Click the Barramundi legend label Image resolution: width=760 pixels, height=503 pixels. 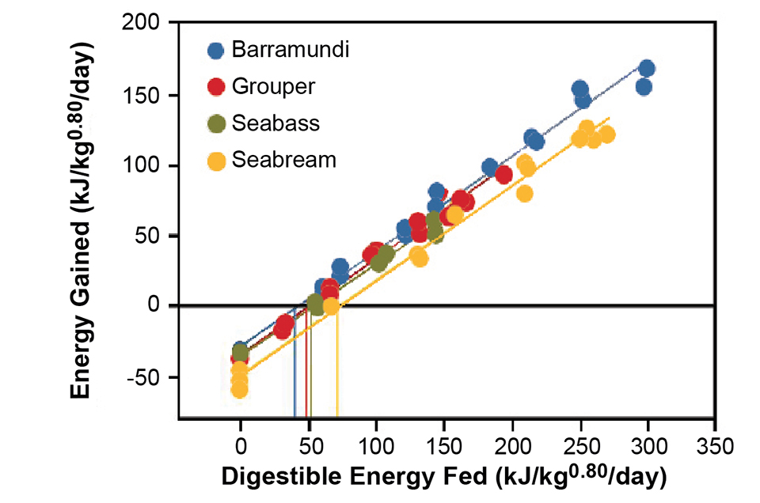click(x=291, y=50)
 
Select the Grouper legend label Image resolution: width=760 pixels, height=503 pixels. click(x=273, y=85)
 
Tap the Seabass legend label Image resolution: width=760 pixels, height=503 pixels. click(x=275, y=123)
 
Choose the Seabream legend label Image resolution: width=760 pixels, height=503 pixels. click(x=283, y=159)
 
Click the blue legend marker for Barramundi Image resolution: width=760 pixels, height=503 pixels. click(x=215, y=51)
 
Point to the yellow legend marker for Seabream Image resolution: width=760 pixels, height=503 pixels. click(x=215, y=160)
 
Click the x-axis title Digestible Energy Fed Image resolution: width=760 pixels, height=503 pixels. click(x=443, y=478)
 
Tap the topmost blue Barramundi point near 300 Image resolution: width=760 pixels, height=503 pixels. click(x=646, y=68)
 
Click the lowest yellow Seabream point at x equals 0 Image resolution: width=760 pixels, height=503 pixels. click(x=240, y=389)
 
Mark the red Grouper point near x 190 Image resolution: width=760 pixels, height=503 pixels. click(x=503, y=175)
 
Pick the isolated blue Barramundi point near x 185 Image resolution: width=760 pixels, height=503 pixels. click(x=490, y=167)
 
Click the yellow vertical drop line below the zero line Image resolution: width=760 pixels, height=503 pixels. click(x=337, y=364)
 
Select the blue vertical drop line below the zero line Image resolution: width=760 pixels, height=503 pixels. click(x=294, y=364)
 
